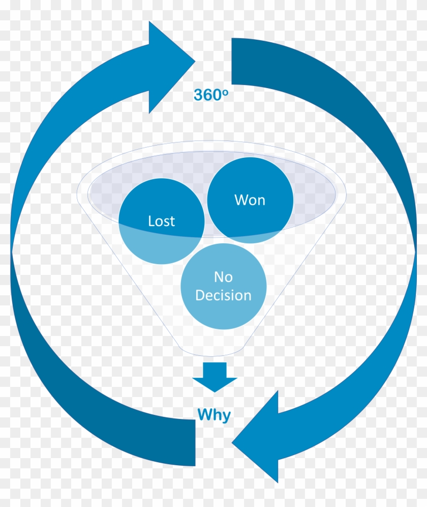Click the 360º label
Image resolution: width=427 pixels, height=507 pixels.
tap(208, 95)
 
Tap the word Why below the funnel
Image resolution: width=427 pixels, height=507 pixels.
tap(213, 415)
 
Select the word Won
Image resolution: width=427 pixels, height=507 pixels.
tap(250, 200)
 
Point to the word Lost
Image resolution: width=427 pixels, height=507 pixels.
tap(161, 221)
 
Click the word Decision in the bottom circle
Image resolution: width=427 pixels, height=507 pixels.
tap(223, 295)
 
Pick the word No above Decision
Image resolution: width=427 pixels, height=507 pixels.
tap(223, 277)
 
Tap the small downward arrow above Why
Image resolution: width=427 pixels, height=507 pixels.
tap(214, 377)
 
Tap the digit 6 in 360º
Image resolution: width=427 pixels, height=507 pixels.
tap(206, 95)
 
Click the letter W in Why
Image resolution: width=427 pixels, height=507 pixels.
tap(204, 414)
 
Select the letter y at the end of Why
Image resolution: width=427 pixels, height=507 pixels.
tap(226, 416)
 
